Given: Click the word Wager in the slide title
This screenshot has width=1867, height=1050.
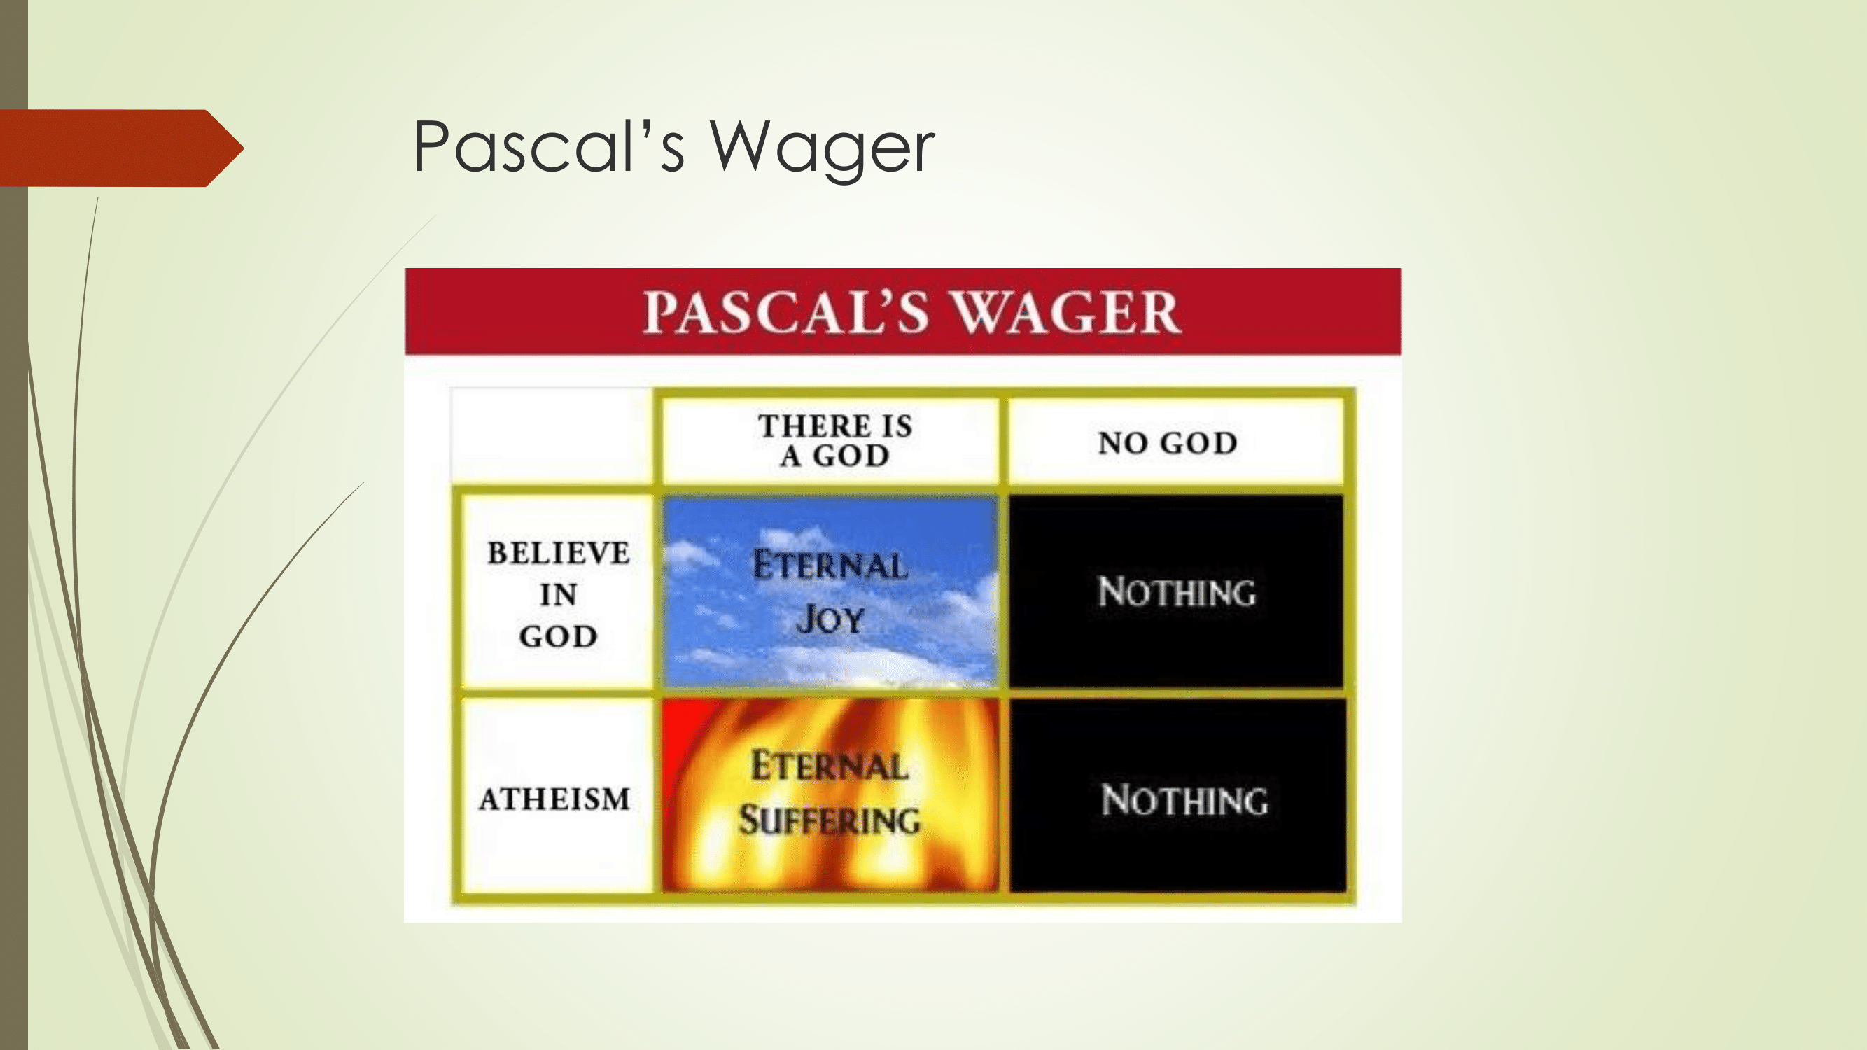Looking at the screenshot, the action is point(822,148).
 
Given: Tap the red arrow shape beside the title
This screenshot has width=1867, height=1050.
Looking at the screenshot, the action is point(122,148).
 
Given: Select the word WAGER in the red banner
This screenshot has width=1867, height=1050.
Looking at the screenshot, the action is point(1065,312).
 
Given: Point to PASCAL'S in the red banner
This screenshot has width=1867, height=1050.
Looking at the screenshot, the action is point(786,312).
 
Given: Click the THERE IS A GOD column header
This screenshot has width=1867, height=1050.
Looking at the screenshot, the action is point(834,440).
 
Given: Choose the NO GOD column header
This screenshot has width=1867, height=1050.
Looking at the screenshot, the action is point(1168,443).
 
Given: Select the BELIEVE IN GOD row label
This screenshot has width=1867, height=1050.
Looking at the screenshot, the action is point(558,594).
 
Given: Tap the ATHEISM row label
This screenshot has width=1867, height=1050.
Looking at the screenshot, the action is point(554,799).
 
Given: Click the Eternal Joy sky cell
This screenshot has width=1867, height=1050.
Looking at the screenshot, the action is point(830,591).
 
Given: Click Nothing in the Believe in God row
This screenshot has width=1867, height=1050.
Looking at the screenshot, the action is point(1177,592).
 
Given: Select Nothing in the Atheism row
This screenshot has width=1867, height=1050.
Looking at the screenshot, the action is point(1185,800).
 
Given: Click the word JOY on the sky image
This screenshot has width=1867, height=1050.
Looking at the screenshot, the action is point(830,619).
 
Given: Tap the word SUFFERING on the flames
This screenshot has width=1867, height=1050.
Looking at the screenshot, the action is point(830,820).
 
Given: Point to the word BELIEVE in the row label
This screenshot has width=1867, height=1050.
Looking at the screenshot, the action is point(558,553).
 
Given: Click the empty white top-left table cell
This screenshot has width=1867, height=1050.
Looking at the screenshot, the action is point(552,436).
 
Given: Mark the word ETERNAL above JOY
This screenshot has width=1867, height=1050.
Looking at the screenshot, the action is point(830,565).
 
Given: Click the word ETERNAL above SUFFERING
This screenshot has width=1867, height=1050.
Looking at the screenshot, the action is point(830,766).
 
